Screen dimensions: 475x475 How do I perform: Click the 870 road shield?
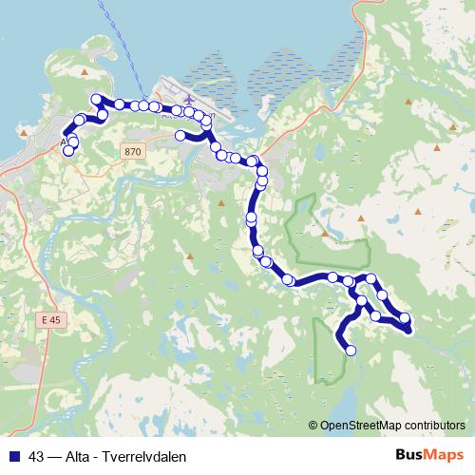point(132,151)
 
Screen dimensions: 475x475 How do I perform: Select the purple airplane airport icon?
point(187,98)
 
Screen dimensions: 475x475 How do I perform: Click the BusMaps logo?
point(428,454)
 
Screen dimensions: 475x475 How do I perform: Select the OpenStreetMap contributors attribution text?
point(393,426)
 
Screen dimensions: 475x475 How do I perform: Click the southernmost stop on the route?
point(351,351)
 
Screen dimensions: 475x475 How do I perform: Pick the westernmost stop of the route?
point(67,151)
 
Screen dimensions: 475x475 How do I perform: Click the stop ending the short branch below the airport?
point(180,136)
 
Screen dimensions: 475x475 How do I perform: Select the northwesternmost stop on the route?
point(95,99)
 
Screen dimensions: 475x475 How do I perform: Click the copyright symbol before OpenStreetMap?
point(313,426)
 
